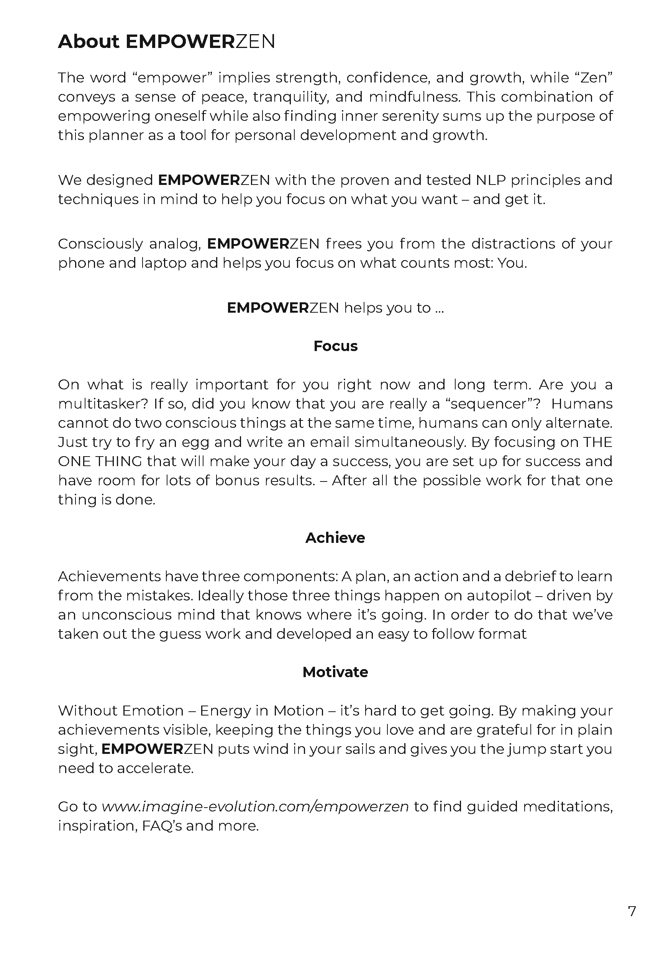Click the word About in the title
89,41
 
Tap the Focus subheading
335,346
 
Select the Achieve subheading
335,538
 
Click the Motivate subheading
335,672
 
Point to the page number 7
632,912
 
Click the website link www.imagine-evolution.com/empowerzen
255,806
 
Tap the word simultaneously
409,442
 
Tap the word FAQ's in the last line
162,826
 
